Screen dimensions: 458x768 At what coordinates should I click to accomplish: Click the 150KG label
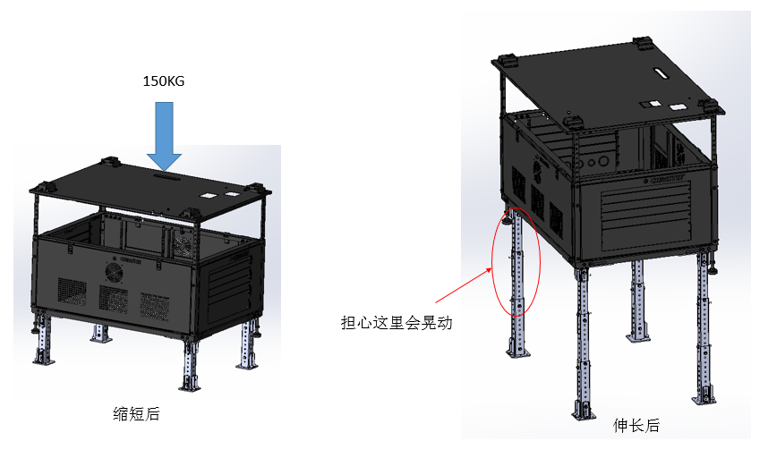(164, 81)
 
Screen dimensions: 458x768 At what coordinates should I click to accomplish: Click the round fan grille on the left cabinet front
(114, 271)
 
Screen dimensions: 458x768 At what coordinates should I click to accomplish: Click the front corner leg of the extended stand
(582, 340)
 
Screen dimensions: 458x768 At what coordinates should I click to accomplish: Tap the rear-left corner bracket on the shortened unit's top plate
(110, 163)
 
